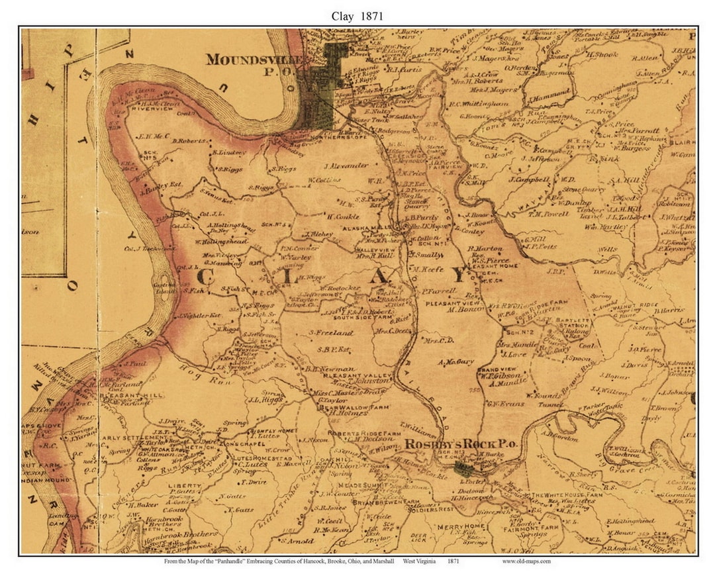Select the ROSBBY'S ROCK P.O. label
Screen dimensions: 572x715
click(461, 444)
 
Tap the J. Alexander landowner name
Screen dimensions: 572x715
click(346, 165)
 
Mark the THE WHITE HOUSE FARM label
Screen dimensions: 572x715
click(566, 495)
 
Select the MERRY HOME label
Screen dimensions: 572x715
click(457, 527)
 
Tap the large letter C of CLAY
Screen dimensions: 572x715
click(205, 277)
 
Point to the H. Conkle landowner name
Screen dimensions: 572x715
click(342, 215)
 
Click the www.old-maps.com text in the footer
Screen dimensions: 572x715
click(526, 561)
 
